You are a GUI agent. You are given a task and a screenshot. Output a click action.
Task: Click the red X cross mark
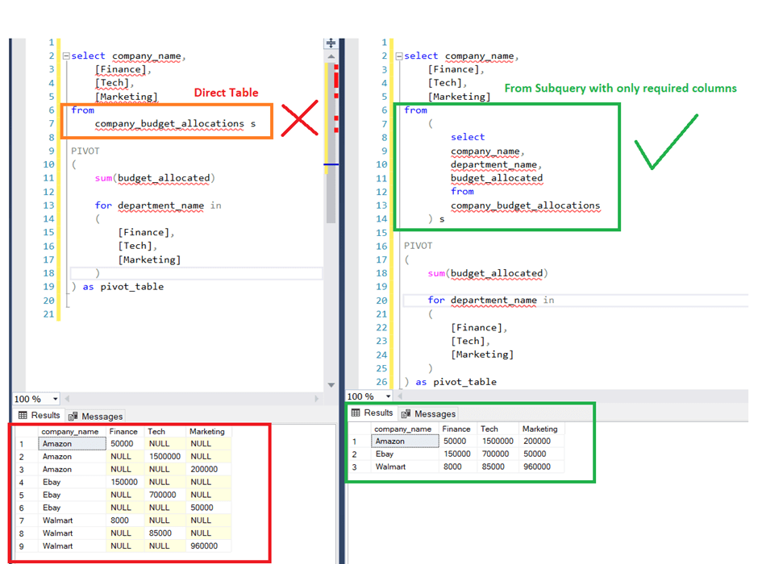click(x=300, y=119)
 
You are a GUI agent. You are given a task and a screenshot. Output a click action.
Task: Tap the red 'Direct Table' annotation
click(x=226, y=93)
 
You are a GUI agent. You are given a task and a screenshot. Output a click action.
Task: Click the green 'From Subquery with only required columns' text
click(x=620, y=88)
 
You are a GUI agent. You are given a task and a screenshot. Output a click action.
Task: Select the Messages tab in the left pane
click(x=96, y=417)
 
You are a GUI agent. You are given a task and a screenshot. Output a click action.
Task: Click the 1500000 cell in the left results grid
click(x=165, y=456)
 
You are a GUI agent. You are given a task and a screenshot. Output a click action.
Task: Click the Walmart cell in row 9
click(x=58, y=545)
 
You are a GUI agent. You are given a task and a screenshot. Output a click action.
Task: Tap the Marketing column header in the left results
click(x=206, y=431)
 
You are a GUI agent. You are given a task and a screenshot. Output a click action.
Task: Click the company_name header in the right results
click(x=402, y=429)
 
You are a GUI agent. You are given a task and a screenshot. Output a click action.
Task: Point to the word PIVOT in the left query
click(x=85, y=151)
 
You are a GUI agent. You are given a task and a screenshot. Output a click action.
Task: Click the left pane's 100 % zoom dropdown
click(x=36, y=399)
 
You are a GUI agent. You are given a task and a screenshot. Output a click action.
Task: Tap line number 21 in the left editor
click(x=48, y=313)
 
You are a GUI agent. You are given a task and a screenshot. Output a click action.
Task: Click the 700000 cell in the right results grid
click(x=496, y=454)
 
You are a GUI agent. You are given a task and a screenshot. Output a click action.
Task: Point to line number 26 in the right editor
click(x=381, y=382)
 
